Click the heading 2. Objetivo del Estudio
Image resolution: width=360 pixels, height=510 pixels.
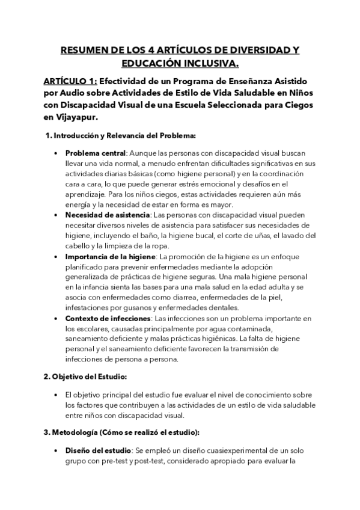85,376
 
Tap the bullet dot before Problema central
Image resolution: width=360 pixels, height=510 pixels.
56,153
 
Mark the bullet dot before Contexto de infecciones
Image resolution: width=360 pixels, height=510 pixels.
56,318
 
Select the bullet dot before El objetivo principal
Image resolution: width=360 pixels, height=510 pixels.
56,395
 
